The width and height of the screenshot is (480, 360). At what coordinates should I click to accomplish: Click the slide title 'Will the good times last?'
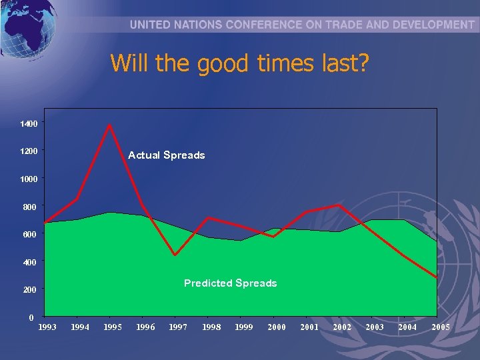(x=239, y=64)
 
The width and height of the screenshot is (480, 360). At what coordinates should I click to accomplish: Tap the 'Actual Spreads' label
(x=166, y=155)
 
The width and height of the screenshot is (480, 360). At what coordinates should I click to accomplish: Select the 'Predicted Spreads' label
(x=230, y=283)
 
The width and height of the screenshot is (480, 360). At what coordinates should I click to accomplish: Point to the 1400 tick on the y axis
(x=29, y=124)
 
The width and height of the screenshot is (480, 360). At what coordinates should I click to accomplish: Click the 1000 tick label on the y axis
(x=29, y=179)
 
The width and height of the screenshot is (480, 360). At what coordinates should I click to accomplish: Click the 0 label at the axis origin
(x=31, y=318)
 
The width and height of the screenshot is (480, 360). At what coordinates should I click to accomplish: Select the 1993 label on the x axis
(x=47, y=327)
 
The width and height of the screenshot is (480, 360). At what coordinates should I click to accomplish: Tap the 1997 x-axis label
(x=178, y=327)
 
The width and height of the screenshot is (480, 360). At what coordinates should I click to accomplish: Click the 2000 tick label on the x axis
(x=277, y=327)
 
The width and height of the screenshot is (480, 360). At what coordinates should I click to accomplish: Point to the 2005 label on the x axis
(x=441, y=327)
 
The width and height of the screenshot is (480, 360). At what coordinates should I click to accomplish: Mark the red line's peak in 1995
(x=109, y=125)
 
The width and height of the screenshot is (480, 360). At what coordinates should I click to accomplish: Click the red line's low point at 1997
(x=175, y=255)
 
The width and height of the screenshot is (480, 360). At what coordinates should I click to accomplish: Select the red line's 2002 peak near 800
(x=339, y=205)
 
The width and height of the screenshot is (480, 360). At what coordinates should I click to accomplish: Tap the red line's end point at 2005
(x=437, y=277)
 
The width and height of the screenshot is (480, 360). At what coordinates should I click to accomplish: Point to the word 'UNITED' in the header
(x=151, y=25)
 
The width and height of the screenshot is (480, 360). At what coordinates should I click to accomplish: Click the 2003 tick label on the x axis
(x=375, y=327)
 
